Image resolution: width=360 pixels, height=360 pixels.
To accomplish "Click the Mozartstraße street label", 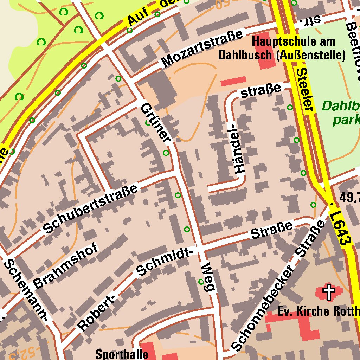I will point(202,49).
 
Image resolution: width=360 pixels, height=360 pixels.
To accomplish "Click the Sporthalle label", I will point(122,354).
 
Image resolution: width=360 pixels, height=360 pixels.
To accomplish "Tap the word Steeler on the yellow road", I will point(304,90).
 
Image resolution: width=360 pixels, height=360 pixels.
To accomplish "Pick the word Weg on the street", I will point(208,277).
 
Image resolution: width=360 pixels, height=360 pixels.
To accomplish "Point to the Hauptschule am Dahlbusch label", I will point(281,48).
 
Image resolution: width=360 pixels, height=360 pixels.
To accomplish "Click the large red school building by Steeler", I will point(267,51).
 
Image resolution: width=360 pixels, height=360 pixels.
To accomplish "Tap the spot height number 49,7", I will point(349,198).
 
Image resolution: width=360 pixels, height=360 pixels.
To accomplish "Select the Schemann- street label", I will point(26,290).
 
